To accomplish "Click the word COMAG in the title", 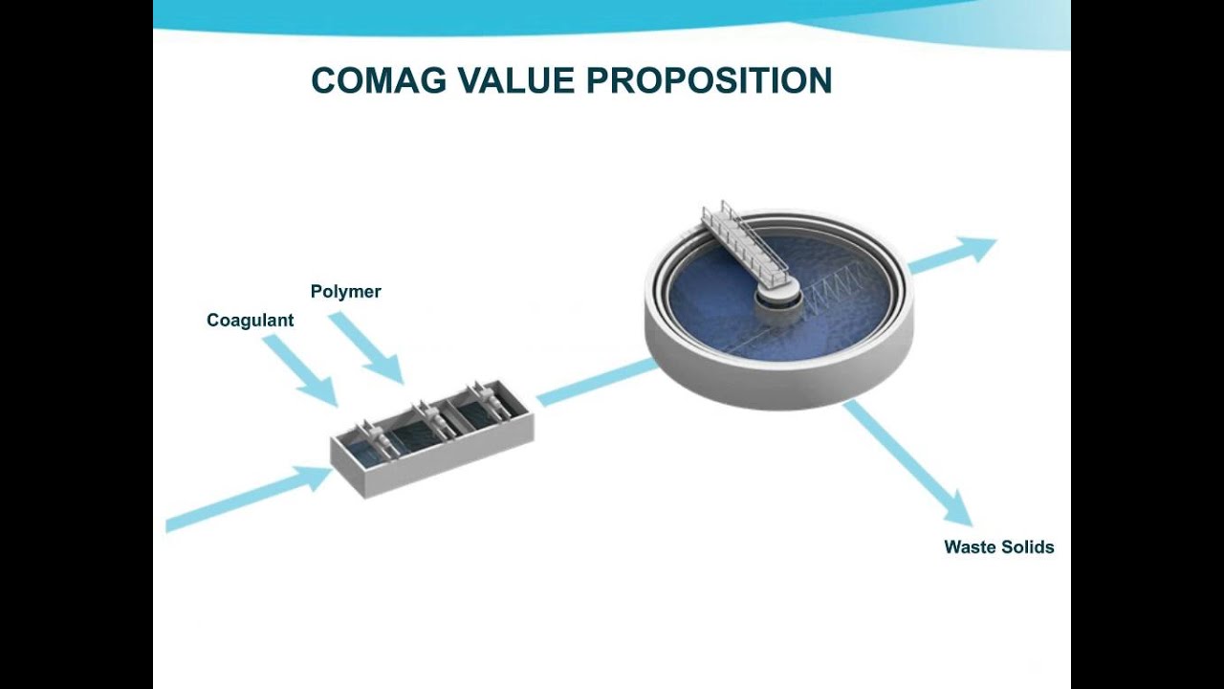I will click(379, 81).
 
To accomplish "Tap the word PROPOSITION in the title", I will click(709, 81).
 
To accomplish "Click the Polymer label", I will click(345, 292).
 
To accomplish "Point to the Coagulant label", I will click(250, 321).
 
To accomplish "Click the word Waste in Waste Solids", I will click(969, 547).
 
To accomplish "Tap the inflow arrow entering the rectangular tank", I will click(249, 498).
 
